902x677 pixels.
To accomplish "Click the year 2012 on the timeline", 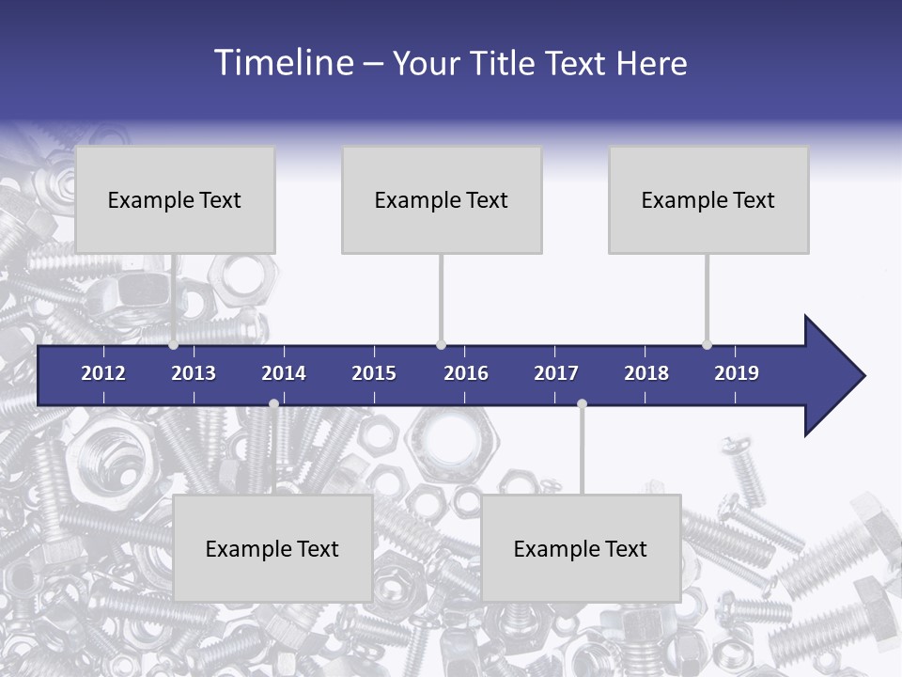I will tap(103, 373).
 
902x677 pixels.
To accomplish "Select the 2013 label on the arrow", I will tap(194, 373).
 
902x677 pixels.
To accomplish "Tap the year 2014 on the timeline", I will tap(284, 373).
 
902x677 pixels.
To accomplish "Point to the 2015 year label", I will tap(374, 373).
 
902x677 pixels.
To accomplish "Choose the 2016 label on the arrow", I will tap(466, 373).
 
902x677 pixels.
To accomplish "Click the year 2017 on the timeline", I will tap(556, 373).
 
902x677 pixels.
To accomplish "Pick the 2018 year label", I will tap(646, 373).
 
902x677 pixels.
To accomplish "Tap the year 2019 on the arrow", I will tap(737, 373).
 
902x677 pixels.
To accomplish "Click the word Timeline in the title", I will tap(283, 63).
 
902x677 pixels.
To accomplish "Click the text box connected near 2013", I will tap(175, 199).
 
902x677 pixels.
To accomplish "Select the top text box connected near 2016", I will tap(442, 199).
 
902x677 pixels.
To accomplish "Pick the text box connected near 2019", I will tap(708, 199).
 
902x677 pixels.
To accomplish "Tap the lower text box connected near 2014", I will tap(272, 548).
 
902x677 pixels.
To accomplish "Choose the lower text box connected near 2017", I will tap(581, 548).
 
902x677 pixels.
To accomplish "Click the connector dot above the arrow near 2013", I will tap(174, 345).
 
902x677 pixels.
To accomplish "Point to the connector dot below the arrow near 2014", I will tap(273, 403).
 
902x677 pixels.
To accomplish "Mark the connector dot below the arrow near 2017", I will tap(582, 403).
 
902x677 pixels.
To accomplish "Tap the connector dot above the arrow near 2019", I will tap(707, 345).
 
